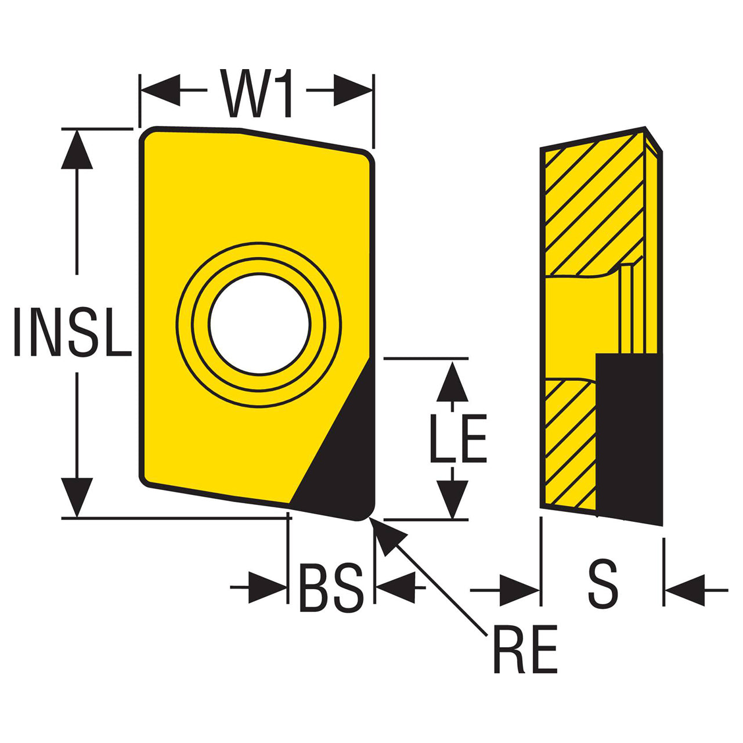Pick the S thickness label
tap(603, 584)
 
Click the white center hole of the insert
tap(259, 324)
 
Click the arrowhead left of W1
tap(160, 90)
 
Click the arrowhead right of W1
tap(353, 90)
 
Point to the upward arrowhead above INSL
tap(77, 150)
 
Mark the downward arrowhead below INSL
tap(77, 497)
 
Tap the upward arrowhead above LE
tap(452, 382)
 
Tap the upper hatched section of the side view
tap(594, 204)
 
